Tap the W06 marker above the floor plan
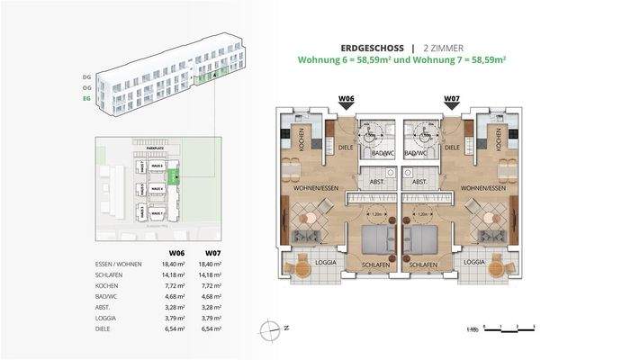pyautogui.click(x=346, y=100)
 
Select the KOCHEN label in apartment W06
pyautogui.click(x=304, y=139)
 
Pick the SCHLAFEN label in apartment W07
pyautogui.click(x=423, y=266)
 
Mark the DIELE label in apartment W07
pyautogui.click(x=453, y=147)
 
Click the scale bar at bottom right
pyautogui.click(x=509, y=328)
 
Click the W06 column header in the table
pyautogui.click(x=177, y=253)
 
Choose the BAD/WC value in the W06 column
pyautogui.click(x=177, y=295)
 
